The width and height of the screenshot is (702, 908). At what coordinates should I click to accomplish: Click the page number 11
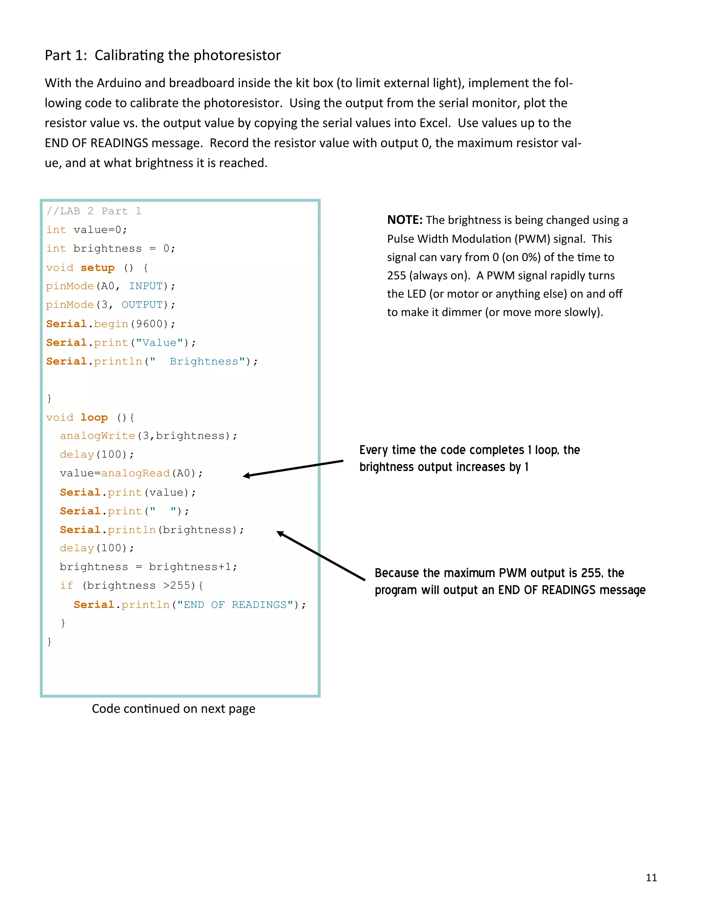(x=651, y=878)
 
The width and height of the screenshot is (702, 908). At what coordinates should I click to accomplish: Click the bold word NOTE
(x=404, y=220)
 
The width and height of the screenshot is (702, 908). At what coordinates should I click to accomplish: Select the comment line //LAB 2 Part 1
(x=94, y=211)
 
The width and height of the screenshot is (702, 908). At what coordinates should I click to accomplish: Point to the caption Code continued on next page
(x=173, y=709)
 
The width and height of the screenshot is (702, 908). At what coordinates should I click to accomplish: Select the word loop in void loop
(x=94, y=417)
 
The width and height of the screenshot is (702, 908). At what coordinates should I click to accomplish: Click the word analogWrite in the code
(x=97, y=436)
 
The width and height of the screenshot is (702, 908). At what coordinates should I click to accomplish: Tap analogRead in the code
(x=136, y=473)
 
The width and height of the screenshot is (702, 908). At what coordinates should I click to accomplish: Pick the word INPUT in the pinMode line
(x=146, y=286)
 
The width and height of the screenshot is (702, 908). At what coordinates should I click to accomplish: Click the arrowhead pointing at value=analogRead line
(x=246, y=476)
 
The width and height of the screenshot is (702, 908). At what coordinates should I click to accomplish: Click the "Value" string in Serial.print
(x=160, y=343)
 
